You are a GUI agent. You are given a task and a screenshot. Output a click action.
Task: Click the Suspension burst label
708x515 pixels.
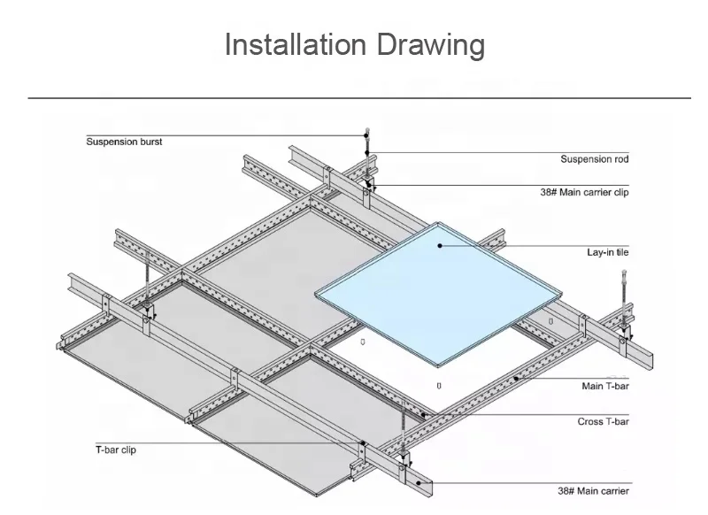pos(124,142)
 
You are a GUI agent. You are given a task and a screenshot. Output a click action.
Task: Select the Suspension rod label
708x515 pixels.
pos(594,159)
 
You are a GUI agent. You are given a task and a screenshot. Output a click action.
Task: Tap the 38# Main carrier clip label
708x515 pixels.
pos(584,192)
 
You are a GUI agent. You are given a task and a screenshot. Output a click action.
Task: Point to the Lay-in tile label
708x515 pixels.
pos(608,252)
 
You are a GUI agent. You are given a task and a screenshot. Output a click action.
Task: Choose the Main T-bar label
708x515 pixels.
pos(605,386)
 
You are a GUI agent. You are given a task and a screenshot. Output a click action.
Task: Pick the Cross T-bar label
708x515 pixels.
pos(603,421)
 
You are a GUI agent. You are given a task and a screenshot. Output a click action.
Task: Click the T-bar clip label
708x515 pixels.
pos(116,450)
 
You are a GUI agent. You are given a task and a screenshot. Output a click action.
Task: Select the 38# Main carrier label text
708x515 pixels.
pos(593,491)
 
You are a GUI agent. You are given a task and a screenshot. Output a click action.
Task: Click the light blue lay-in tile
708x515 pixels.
pos(438,294)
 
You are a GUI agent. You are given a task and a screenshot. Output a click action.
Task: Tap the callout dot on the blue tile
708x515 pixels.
pos(440,245)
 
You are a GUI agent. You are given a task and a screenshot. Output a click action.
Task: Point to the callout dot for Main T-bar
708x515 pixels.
pos(516,378)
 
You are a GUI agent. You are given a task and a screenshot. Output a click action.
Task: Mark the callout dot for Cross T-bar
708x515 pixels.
pos(423,414)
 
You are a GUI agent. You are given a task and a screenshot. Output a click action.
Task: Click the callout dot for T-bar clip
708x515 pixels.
pos(363,443)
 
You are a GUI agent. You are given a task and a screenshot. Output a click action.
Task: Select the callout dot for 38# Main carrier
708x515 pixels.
pos(418,482)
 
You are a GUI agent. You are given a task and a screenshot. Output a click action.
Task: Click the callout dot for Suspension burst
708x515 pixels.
pos(366,135)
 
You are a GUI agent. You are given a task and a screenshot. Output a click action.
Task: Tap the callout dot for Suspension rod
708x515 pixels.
pos(367,152)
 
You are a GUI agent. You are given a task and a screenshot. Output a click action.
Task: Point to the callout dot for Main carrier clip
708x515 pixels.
pos(369,185)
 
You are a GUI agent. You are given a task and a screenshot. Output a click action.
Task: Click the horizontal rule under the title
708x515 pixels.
pos(359,97)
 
